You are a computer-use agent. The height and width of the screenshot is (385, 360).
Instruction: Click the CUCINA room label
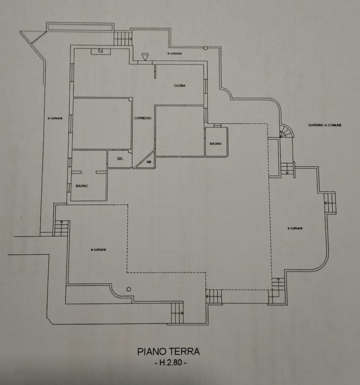pos(180,85)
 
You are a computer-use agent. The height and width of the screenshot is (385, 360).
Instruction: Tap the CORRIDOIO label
pos(143,118)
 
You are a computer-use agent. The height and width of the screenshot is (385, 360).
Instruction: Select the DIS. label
pos(120,159)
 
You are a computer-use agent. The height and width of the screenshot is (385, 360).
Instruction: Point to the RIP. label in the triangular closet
pos(149,162)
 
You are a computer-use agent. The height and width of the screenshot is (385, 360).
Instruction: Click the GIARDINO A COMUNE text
pos(325,125)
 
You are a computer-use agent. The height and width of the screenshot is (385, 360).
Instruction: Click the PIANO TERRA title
pos(168,352)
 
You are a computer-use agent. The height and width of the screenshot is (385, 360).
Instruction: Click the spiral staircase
pos(286,132)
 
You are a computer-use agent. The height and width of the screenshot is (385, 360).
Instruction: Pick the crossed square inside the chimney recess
pos(100,51)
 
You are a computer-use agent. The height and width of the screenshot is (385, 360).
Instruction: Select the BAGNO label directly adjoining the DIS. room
pos(82,186)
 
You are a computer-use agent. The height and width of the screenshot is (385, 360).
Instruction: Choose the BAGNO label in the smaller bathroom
pos(216,144)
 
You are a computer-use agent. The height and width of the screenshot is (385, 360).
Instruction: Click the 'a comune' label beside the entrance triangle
pos(174,54)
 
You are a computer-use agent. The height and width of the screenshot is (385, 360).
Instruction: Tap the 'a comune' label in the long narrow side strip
pos(55,118)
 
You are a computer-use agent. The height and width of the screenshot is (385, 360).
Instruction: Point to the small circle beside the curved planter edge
pos(129,289)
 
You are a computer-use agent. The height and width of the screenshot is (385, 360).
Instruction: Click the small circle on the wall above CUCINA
pos(205,48)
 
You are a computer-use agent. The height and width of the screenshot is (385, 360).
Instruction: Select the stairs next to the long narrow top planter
pos(122,38)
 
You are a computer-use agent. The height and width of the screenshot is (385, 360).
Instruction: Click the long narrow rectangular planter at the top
pos(80,27)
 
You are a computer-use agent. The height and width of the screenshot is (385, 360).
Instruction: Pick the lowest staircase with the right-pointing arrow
pos(177,313)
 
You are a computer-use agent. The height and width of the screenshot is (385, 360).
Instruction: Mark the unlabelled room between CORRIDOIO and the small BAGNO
pos(180,131)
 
